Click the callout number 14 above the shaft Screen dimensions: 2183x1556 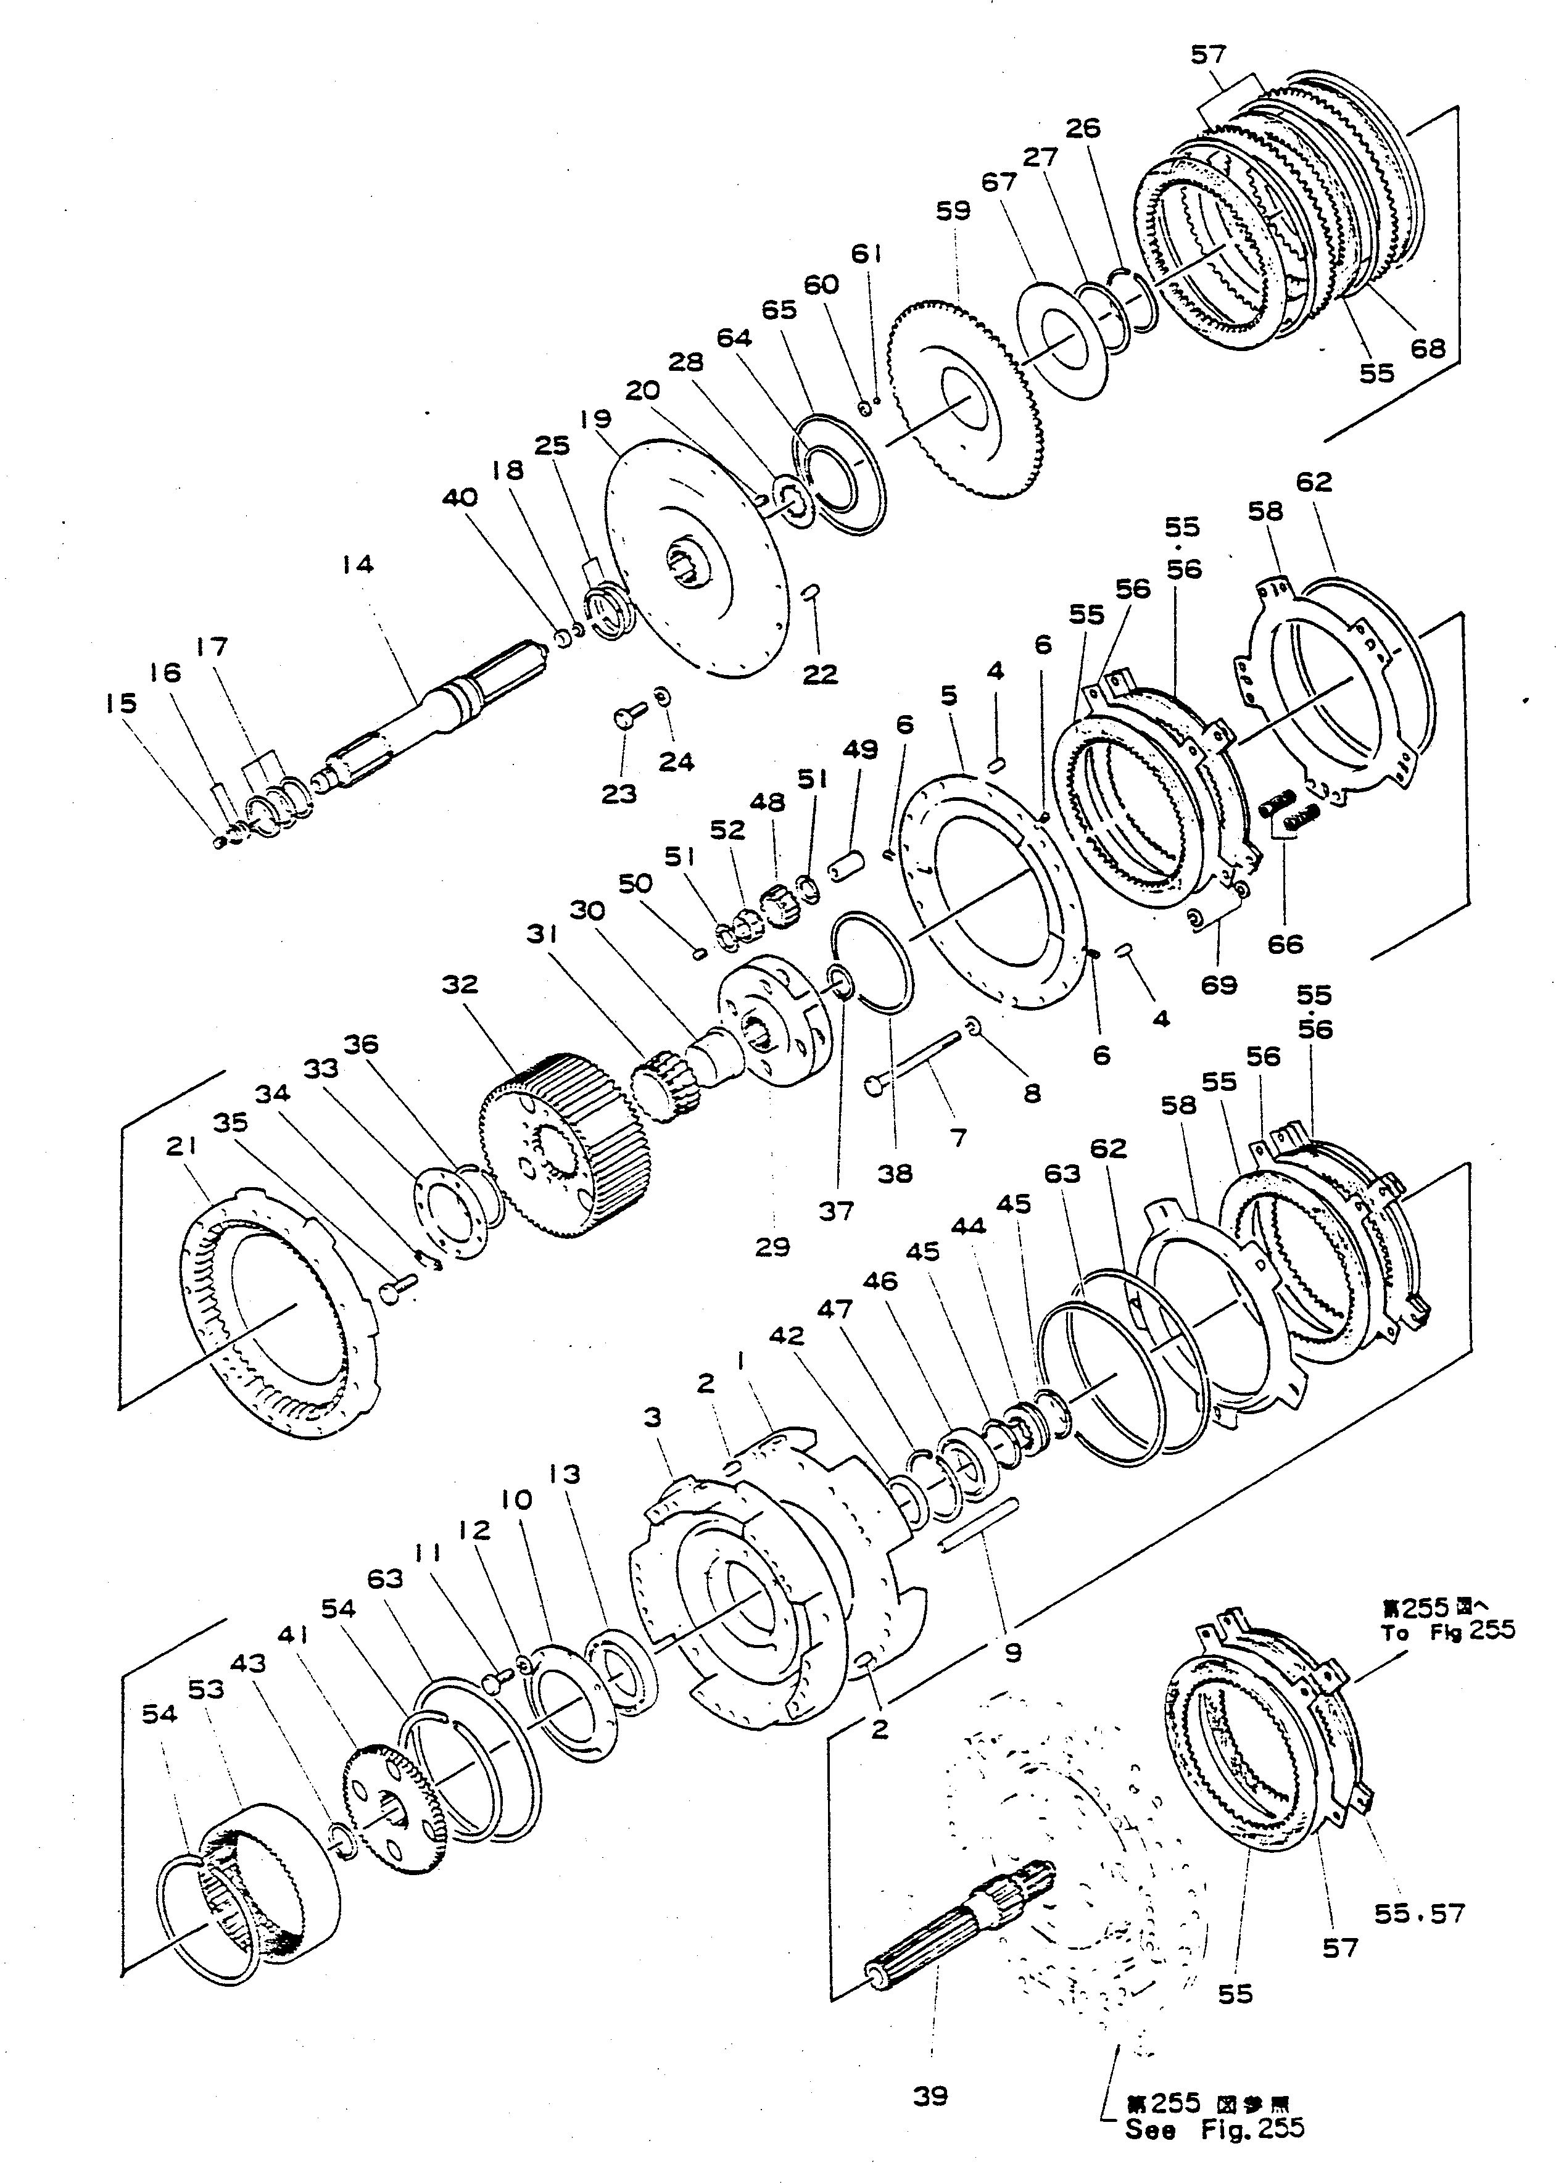[x=357, y=565]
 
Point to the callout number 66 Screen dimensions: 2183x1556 [x=1285, y=944]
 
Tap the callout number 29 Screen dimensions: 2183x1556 [x=772, y=1247]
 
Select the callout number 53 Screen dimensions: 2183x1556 [x=206, y=1689]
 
